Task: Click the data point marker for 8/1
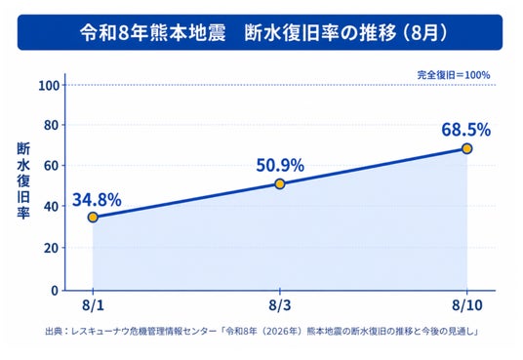[x=93, y=218]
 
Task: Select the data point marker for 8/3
[x=280, y=183]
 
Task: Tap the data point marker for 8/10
[x=467, y=149]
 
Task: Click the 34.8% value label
[x=97, y=200]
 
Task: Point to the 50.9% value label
[x=280, y=165]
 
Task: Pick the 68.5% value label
[x=466, y=130]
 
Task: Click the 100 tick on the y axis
[x=49, y=86]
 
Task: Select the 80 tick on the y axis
[x=52, y=126]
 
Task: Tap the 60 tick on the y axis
[x=52, y=166]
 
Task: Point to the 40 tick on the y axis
[x=52, y=207]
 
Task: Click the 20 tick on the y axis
[x=52, y=248]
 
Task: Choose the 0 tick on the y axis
[x=55, y=291]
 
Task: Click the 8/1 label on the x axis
[x=93, y=305]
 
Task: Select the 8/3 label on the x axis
[x=280, y=305]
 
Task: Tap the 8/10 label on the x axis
[x=467, y=305]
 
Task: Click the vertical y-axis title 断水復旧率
[x=23, y=180]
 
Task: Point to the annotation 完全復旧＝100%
[x=454, y=75]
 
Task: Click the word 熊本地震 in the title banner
[x=187, y=33]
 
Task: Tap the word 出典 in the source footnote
[x=53, y=332]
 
